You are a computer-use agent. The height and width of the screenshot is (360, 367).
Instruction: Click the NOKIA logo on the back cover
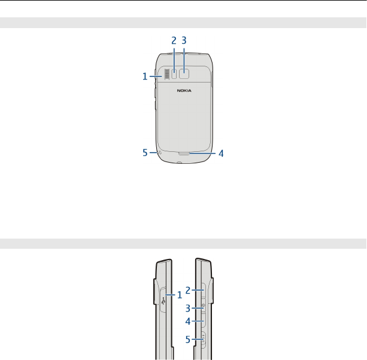point(184,90)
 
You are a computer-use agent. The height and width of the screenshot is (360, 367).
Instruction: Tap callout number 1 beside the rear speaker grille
point(145,77)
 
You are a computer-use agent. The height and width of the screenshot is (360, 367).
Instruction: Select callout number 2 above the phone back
point(174,41)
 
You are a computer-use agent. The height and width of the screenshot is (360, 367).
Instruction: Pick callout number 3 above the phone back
point(184,40)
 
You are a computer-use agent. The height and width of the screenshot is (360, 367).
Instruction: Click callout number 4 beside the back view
point(221,154)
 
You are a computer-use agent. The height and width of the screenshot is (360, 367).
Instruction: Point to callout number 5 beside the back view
point(145,152)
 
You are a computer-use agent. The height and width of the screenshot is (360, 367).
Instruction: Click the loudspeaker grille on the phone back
point(166,74)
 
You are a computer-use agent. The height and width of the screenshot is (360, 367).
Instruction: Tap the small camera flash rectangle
point(174,74)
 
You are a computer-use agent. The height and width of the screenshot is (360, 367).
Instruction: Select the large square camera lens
point(184,74)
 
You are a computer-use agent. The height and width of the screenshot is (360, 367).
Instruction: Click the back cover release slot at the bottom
point(184,153)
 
